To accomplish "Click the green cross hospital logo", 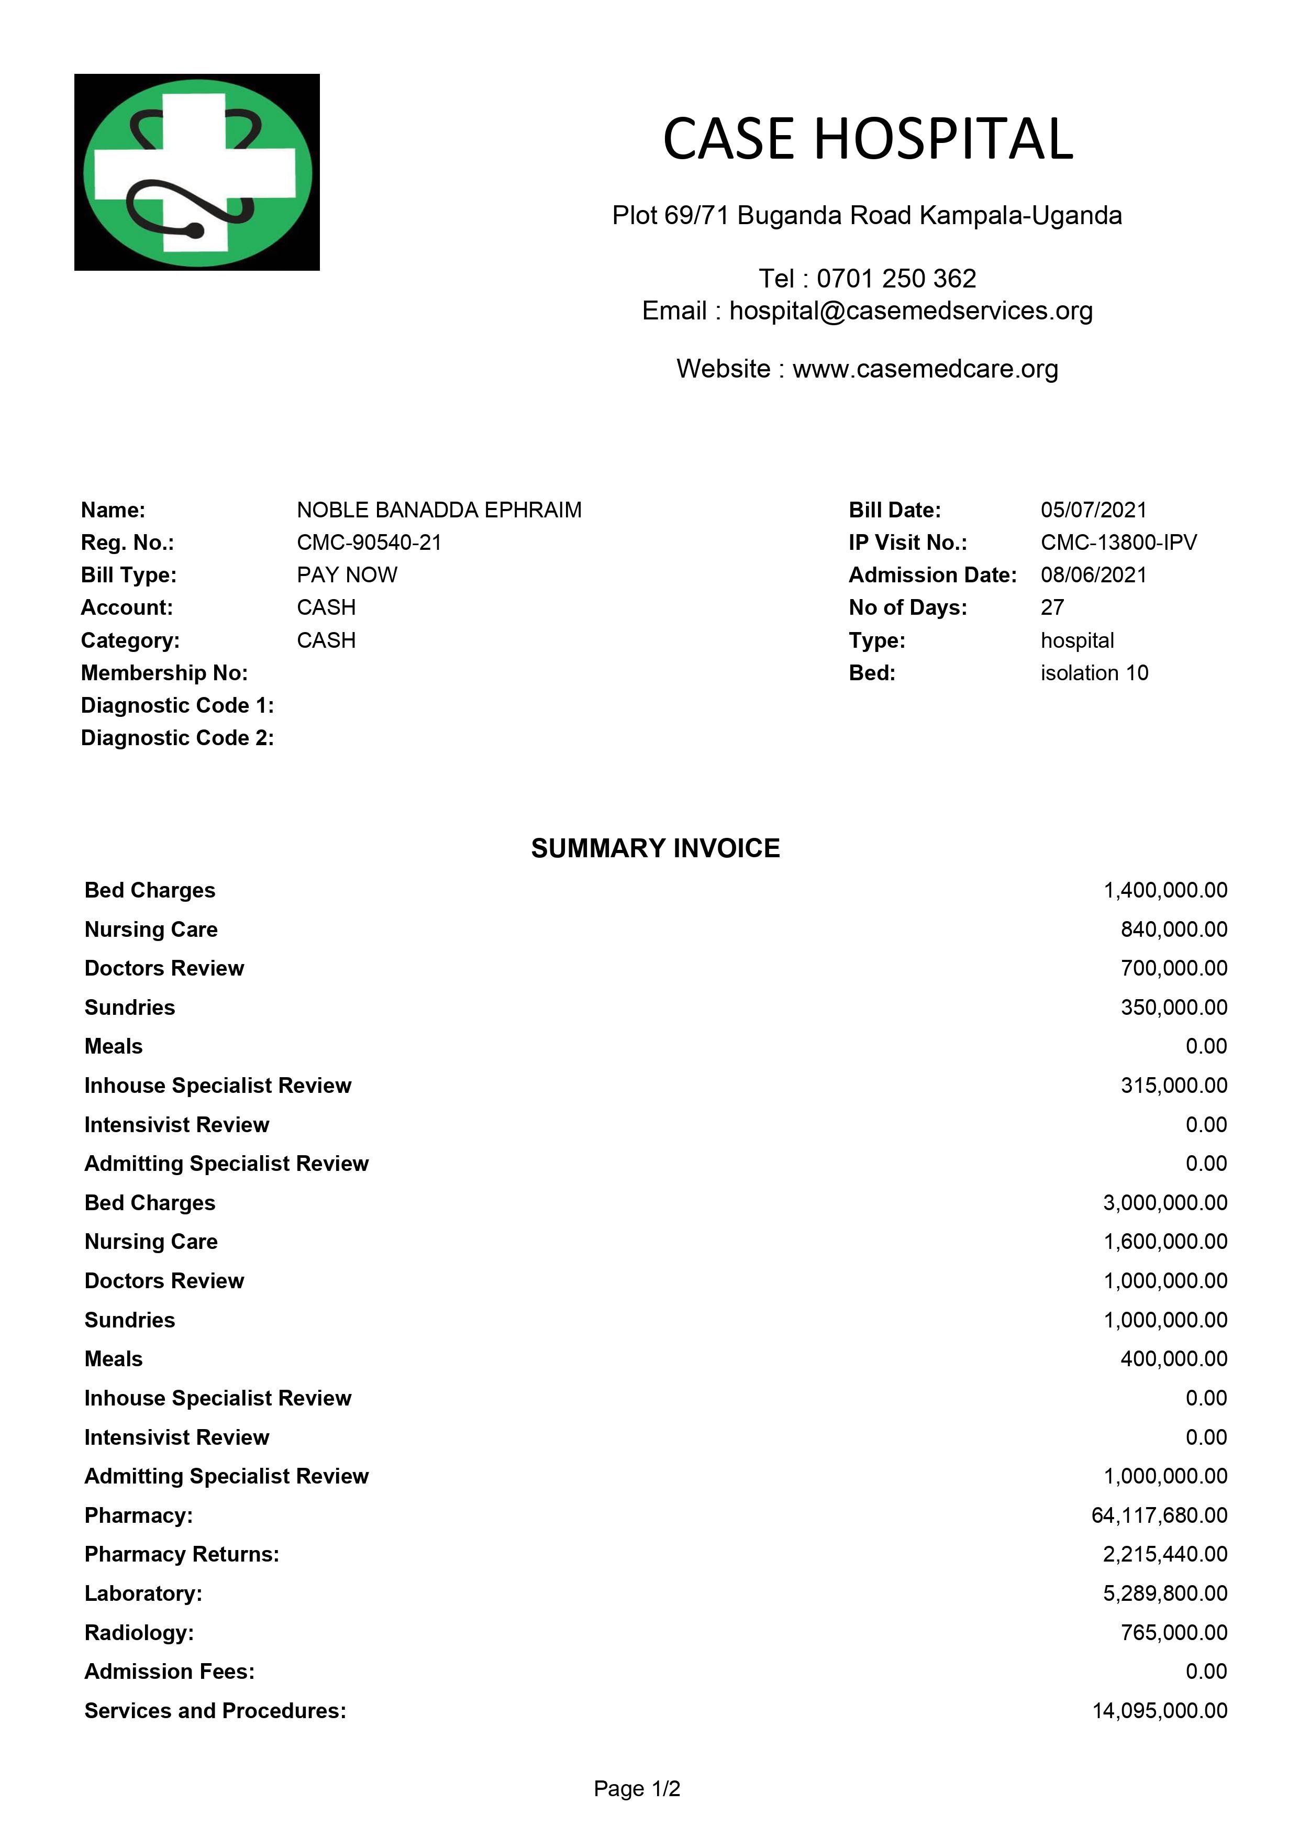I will click(x=197, y=172).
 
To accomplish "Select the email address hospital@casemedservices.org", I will click(x=911, y=311).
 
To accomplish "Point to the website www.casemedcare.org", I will click(x=925, y=369).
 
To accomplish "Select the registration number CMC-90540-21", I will click(x=369, y=543).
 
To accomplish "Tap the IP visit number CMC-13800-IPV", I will click(x=1118, y=543).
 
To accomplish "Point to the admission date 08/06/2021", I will click(x=1093, y=576).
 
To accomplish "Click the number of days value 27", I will click(x=1052, y=608).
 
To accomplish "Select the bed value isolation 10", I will click(x=1093, y=673).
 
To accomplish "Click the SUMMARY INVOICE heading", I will click(x=655, y=849).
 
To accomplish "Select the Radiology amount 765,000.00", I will click(x=1173, y=1633).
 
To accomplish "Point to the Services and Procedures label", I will click(x=215, y=1711).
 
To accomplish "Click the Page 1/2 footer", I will click(x=637, y=1789).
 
